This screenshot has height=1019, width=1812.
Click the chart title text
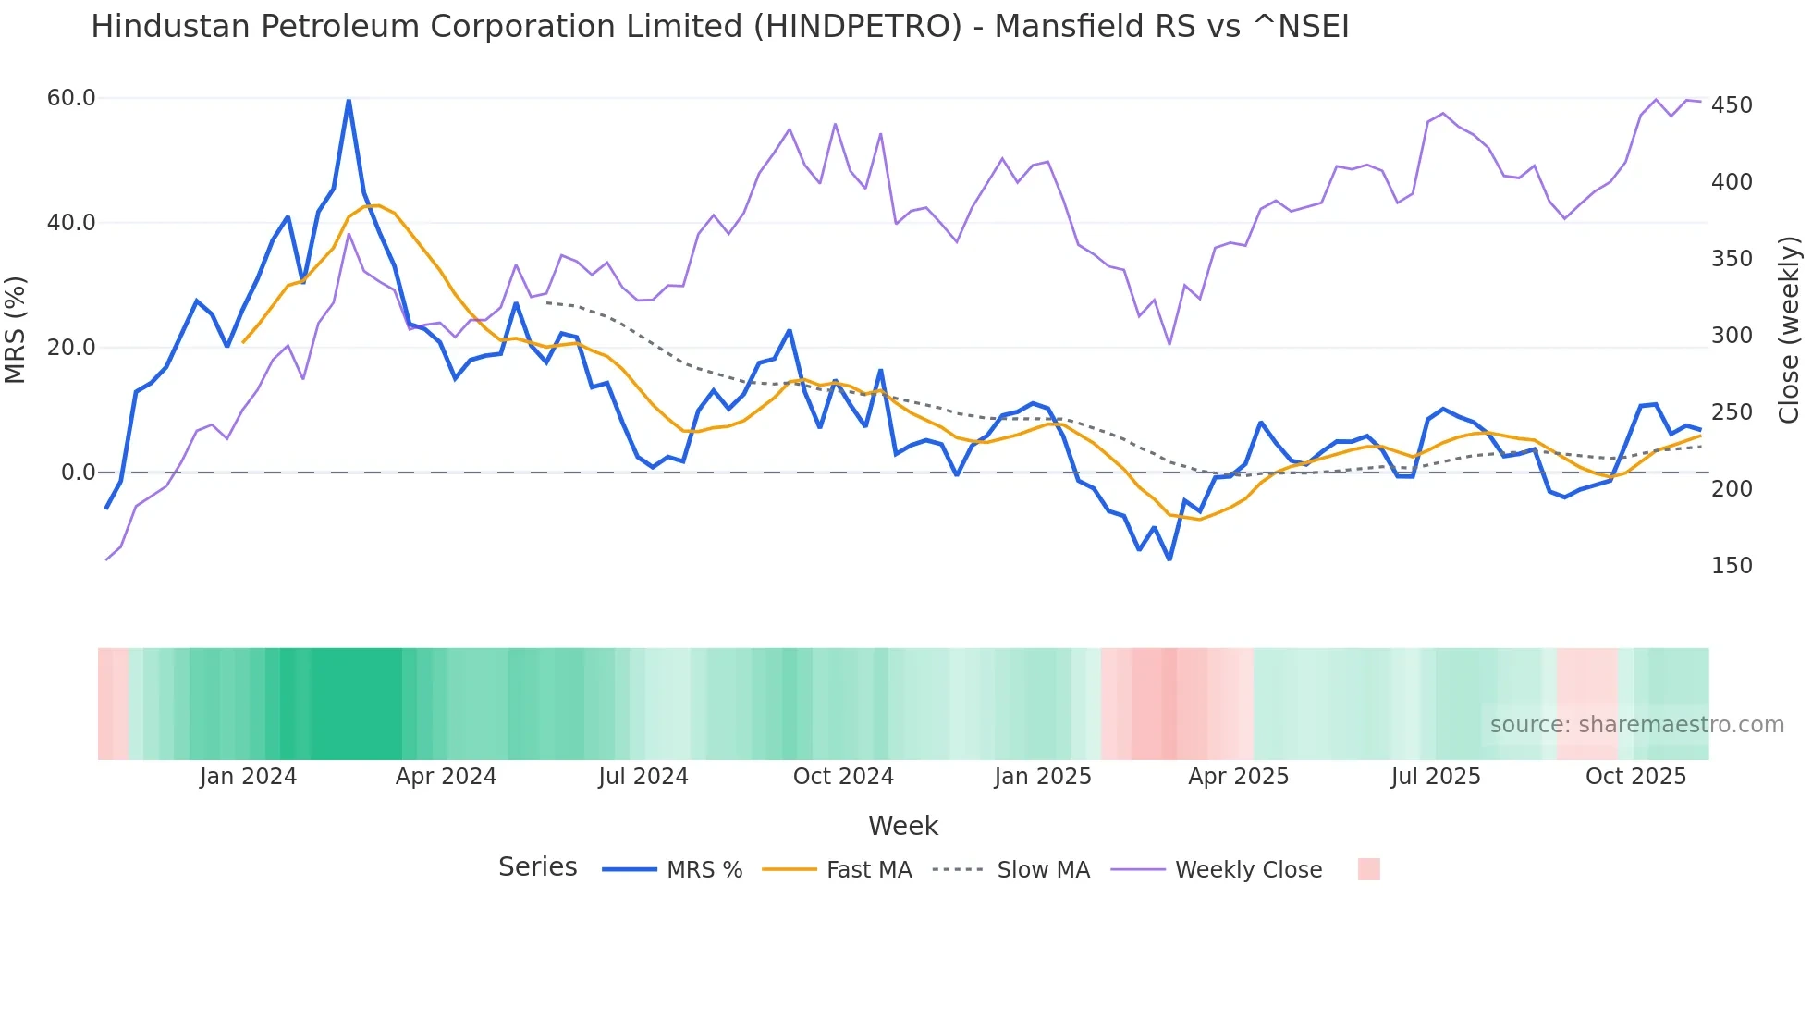719,27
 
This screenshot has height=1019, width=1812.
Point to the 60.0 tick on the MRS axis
71,98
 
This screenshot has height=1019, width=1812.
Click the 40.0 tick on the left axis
71,223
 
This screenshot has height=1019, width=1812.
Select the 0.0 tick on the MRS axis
78,473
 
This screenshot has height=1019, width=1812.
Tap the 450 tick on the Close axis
1732,105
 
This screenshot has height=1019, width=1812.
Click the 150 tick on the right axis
1732,566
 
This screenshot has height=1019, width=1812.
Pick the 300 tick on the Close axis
1732,336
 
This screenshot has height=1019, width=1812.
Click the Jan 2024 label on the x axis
248,777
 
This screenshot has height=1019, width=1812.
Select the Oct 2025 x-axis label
1635,777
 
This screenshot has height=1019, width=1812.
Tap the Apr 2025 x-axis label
1238,777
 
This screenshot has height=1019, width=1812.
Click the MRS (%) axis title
16,329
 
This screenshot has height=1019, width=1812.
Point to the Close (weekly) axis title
1790,329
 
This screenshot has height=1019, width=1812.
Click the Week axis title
902,826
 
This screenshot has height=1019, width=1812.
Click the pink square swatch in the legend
1368,869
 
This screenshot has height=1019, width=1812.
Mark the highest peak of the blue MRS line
349,100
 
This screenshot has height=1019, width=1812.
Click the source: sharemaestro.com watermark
1636,725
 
